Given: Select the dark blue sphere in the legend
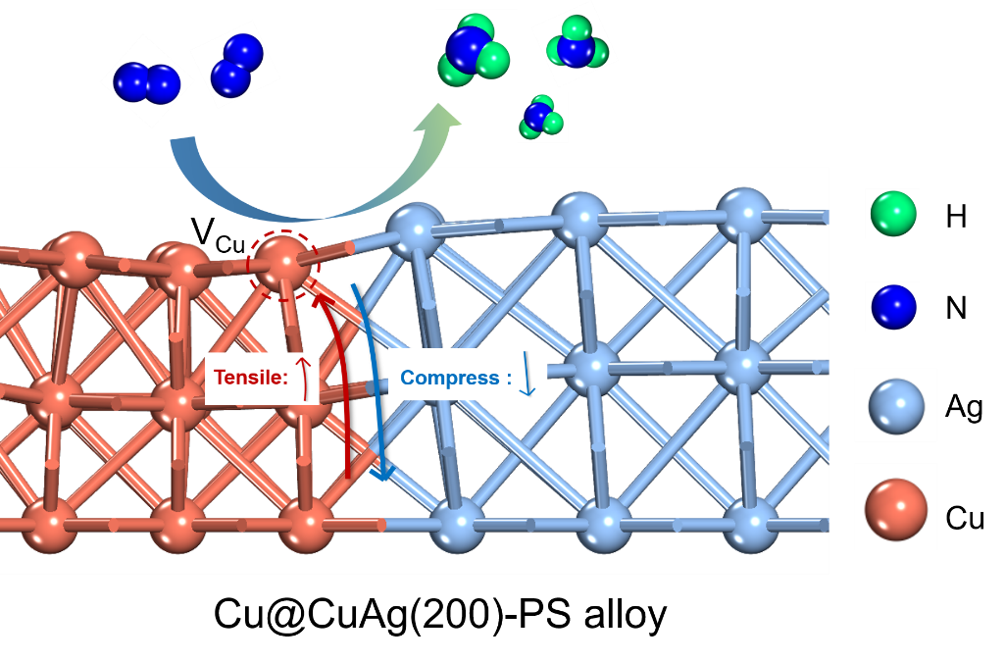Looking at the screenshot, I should pyautogui.click(x=893, y=307).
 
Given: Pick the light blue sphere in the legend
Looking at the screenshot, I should pyautogui.click(x=895, y=404).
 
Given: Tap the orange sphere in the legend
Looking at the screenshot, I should pyautogui.click(x=895, y=506).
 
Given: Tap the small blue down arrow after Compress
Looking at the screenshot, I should pyautogui.click(x=528, y=379).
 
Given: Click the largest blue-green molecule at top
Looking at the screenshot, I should pyautogui.click(x=476, y=51).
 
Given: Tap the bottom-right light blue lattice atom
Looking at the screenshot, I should pyautogui.click(x=751, y=522).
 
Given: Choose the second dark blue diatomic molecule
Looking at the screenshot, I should pyautogui.click(x=235, y=66).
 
